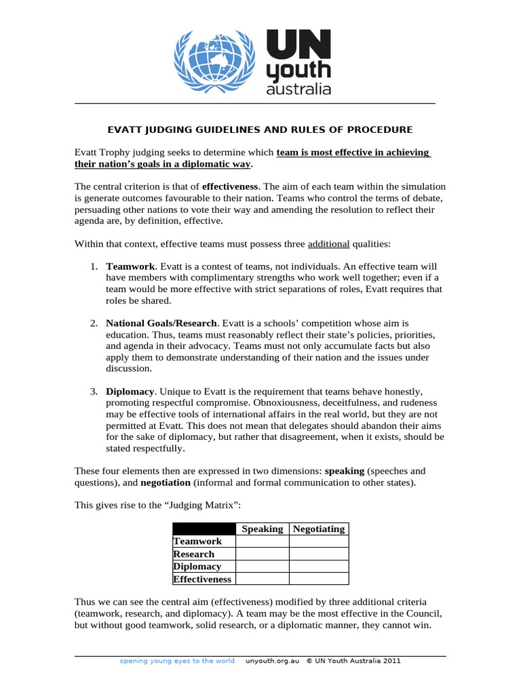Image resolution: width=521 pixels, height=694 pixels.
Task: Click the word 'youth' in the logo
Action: [298, 70]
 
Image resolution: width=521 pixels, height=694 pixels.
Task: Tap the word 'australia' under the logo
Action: [298, 89]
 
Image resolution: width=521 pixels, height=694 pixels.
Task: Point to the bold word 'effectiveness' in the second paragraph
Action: [231, 186]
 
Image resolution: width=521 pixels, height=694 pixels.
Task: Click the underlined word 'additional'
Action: [329, 244]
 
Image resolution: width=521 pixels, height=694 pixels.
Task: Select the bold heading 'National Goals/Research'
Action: [161, 324]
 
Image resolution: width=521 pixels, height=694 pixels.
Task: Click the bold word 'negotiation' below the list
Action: [166, 483]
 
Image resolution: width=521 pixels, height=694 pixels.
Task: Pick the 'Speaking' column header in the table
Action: [263, 529]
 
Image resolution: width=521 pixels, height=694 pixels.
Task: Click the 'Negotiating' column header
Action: [319, 529]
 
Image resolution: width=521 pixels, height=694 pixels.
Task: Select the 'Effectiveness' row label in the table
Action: [202, 579]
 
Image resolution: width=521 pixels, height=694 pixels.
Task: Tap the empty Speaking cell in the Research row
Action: [263, 554]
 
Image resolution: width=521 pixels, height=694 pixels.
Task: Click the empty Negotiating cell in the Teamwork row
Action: [319, 542]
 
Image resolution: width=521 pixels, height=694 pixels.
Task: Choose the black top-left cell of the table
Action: [204, 529]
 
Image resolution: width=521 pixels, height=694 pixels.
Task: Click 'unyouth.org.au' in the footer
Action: [272, 661]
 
